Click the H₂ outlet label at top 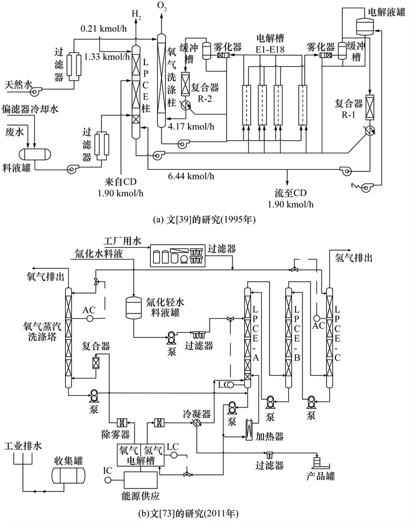(x=137, y=14)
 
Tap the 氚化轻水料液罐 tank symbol (x=135, y=307)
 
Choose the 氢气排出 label (x=354, y=257)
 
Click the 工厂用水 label (x=123, y=241)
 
